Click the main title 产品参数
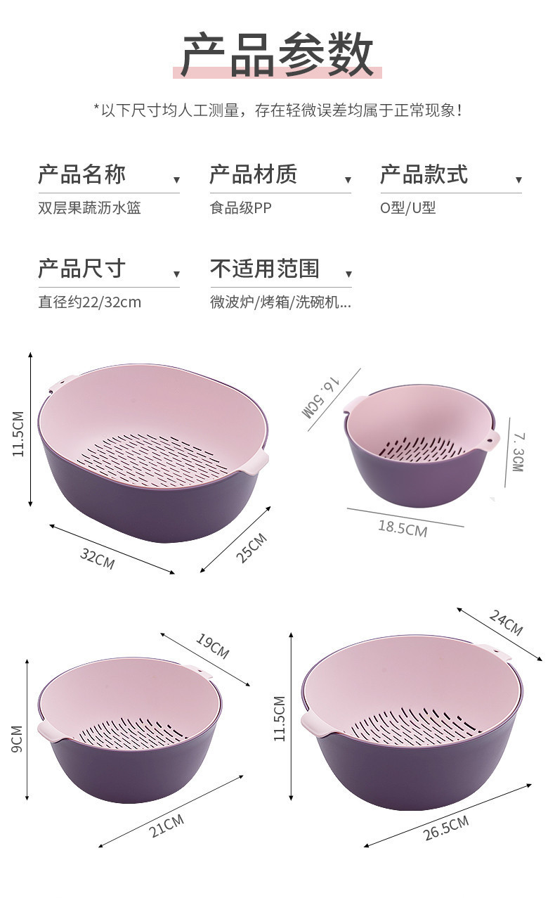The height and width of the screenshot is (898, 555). click(x=277, y=55)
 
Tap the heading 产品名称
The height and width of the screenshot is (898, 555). click(x=81, y=174)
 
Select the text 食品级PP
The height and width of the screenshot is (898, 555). click(x=240, y=208)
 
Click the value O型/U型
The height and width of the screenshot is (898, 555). click(x=408, y=208)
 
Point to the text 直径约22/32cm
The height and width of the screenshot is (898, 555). click(x=90, y=302)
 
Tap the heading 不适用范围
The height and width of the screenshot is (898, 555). click(x=265, y=269)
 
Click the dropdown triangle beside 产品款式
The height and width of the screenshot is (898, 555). click(x=518, y=181)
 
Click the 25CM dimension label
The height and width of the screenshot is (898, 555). click(x=250, y=547)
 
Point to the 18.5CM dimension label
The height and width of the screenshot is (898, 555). click(x=403, y=527)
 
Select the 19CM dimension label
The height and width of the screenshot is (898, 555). click(x=212, y=646)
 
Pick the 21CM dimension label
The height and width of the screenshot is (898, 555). click(x=166, y=825)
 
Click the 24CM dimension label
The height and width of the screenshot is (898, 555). click(x=506, y=622)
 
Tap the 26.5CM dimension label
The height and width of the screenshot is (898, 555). click(x=445, y=828)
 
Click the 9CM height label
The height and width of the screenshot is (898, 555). click(x=18, y=738)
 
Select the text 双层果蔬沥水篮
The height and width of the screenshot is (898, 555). click(x=90, y=208)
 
